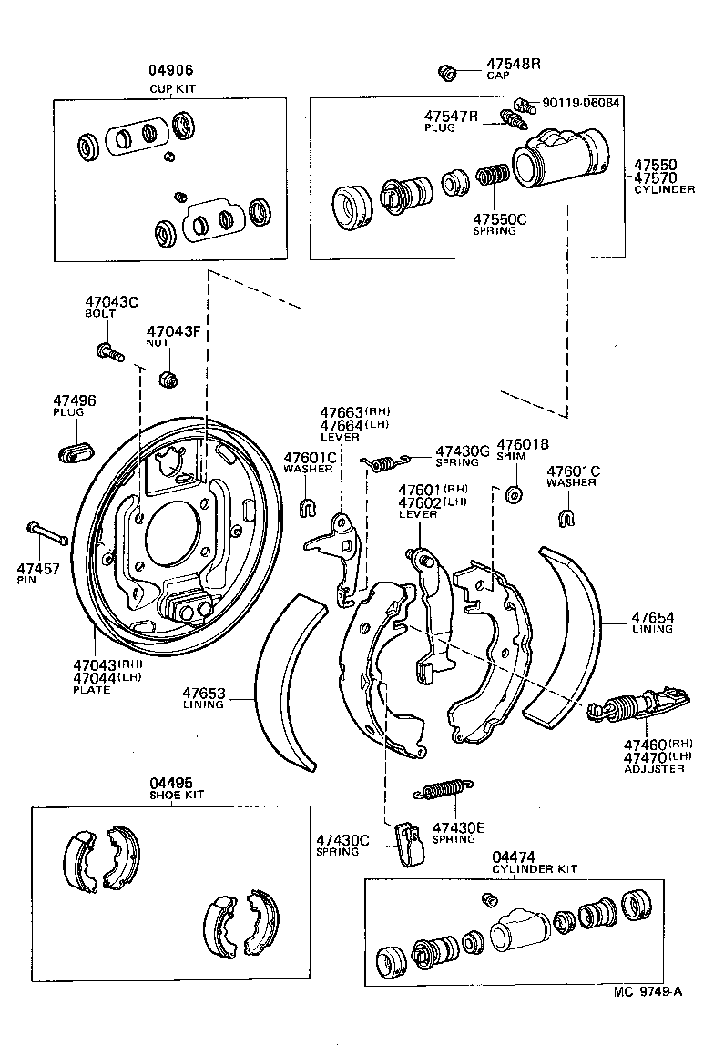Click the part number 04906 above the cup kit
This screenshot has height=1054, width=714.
tap(172, 70)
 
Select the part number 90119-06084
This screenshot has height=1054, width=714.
tap(580, 103)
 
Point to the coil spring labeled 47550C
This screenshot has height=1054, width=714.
tap(493, 176)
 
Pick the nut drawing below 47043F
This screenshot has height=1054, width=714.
tap(168, 377)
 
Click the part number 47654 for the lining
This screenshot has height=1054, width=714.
tap(654, 617)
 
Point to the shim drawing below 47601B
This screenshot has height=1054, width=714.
tap(512, 494)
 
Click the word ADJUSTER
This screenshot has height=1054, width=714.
tap(654, 769)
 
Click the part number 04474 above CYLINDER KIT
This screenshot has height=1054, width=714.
tap(513, 856)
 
